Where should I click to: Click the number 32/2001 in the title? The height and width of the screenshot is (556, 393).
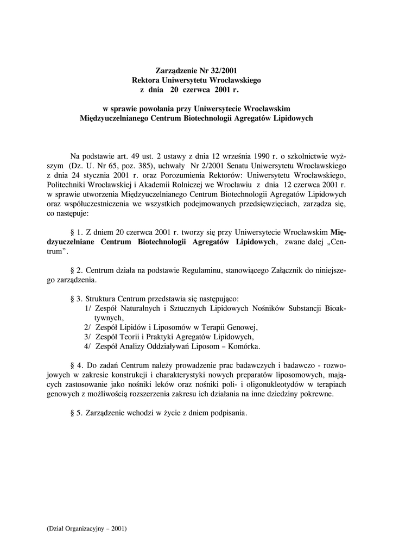pos(223,70)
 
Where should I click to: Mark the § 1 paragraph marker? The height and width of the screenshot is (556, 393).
pos(77,233)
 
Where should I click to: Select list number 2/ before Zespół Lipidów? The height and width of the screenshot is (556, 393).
pos(87,327)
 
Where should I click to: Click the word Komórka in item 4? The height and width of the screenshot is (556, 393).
pos(243,346)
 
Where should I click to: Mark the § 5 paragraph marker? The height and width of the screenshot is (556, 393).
pos(77,413)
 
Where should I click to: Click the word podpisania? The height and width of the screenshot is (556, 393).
pos(229,413)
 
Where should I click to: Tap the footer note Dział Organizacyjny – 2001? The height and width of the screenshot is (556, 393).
pos(87,528)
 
